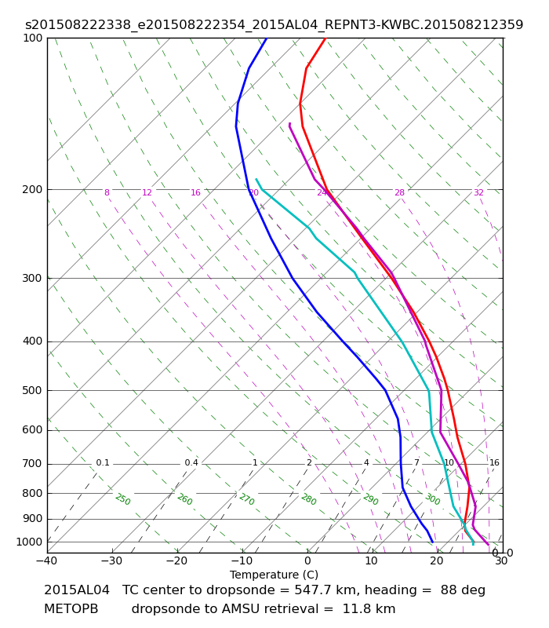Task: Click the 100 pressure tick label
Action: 32,38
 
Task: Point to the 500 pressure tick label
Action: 32,390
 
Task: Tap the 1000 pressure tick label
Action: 29,542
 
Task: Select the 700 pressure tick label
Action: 32,464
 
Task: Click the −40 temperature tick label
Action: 47,561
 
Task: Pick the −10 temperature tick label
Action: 242,561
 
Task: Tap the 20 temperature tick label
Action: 437,561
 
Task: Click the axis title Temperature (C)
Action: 274,575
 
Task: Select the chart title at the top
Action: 274,25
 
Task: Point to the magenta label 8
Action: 107,192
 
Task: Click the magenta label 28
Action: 399,192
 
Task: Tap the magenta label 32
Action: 478,192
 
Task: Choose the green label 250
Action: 123,499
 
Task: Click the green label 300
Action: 433,499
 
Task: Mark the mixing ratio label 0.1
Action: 103,463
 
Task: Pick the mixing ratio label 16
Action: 494,463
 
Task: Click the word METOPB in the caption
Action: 71,609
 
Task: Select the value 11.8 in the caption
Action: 356,609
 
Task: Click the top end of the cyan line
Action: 256,179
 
